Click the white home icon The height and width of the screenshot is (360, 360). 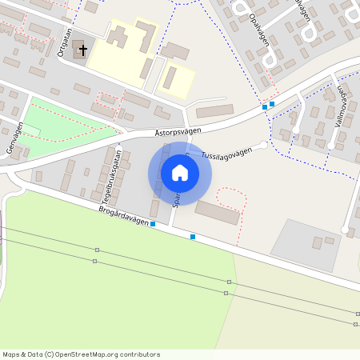180,172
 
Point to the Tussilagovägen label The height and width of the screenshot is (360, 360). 226,153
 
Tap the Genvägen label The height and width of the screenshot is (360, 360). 10,138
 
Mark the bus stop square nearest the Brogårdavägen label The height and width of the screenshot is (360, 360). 153,224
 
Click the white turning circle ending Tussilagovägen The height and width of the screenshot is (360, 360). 264,145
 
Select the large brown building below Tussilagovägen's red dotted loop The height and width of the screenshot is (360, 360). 217,213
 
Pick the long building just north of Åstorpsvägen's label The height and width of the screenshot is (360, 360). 214,111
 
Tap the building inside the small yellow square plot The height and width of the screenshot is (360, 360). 170,78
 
